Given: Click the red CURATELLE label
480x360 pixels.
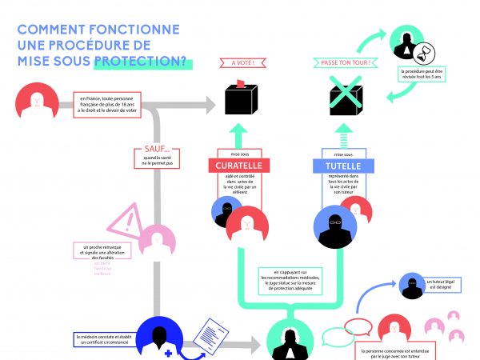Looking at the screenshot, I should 239,166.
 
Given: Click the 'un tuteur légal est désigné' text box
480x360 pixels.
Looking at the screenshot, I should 421,284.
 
